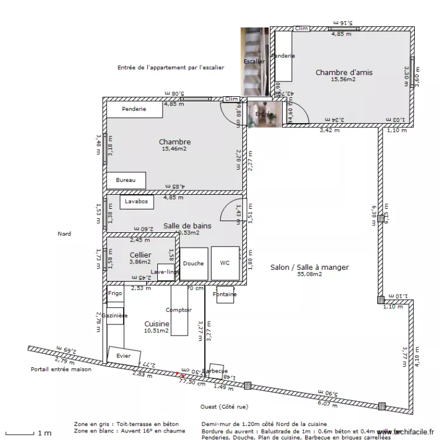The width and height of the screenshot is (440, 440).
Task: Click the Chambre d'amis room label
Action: tap(344, 73)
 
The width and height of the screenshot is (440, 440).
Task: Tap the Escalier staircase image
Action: tap(254, 61)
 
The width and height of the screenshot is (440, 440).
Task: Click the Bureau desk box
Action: tap(126, 180)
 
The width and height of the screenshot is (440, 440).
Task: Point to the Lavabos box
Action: tap(137, 202)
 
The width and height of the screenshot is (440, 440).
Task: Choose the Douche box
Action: tap(193, 264)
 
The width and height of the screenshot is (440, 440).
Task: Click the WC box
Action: tap(225, 264)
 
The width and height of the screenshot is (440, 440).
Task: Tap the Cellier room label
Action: tap(140, 255)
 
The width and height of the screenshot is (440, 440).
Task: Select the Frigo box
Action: tap(115, 293)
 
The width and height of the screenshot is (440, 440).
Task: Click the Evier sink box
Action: tap(124, 356)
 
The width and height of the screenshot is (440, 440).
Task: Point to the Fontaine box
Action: tap(225, 295)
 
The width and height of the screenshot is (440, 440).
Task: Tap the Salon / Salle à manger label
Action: tap(309, 268)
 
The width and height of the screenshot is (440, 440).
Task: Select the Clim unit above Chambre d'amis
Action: tap(301, 28)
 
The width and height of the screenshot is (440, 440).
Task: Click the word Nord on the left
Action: tap(64, 234)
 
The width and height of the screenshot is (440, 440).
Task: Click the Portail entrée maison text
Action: tap(61, 370)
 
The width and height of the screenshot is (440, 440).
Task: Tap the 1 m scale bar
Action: tap(23, 433)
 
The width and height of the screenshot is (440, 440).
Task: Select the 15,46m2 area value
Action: tap(174, 149)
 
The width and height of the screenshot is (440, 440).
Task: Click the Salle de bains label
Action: tap(187, 225)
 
